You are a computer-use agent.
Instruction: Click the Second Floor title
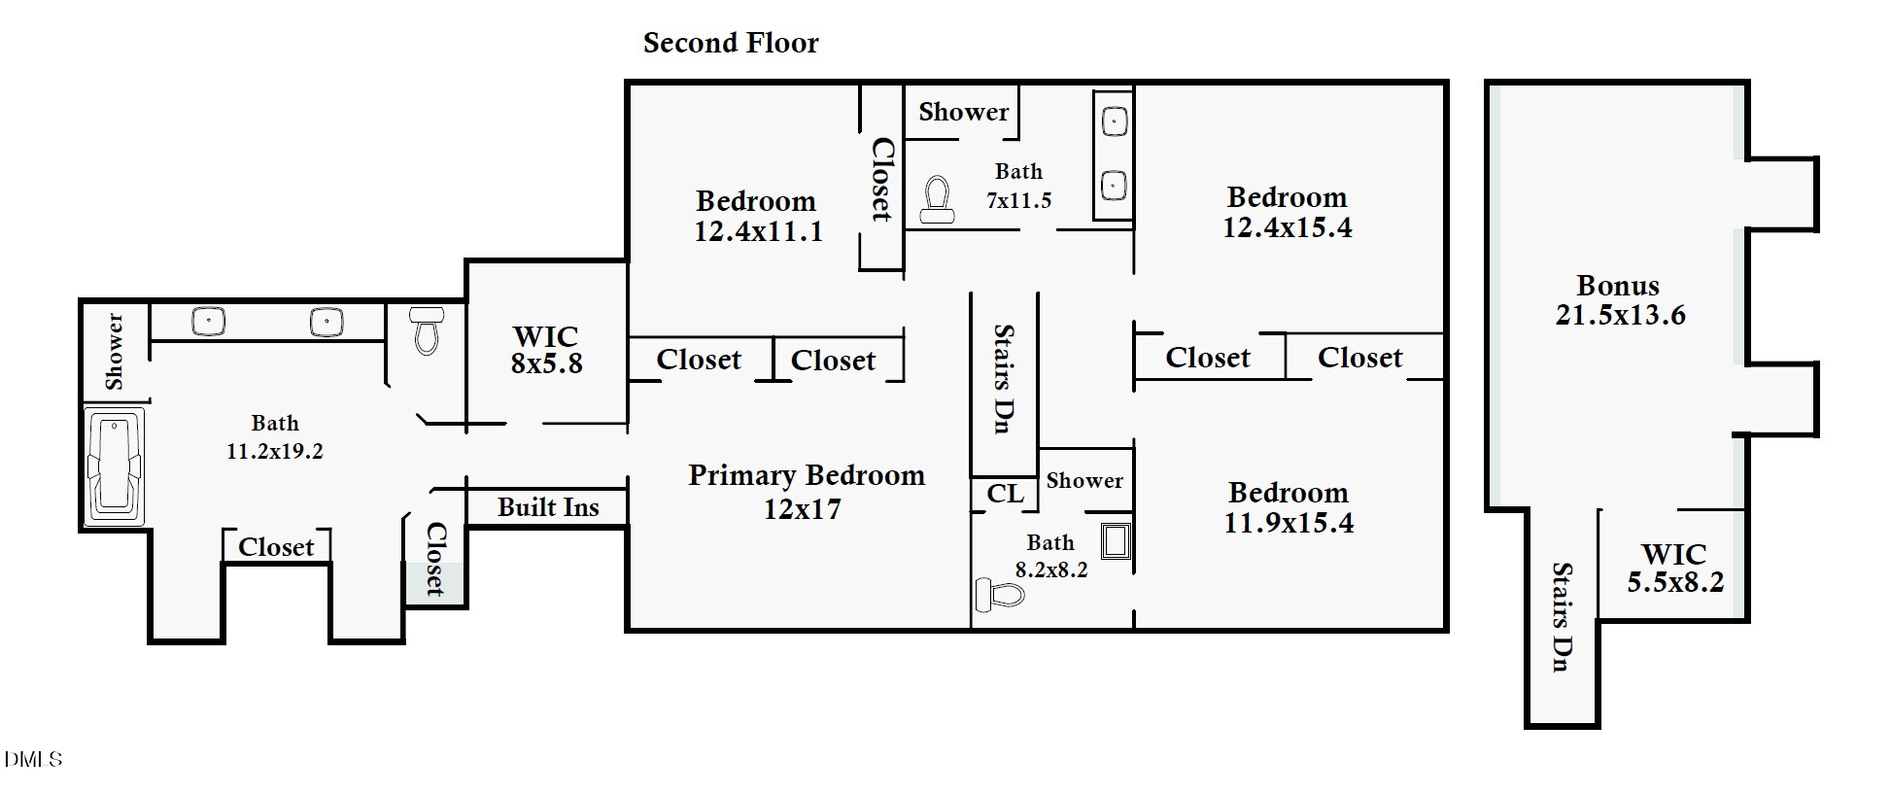731,43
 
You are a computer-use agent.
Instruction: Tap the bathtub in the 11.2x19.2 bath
116,466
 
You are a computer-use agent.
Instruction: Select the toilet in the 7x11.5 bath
937,200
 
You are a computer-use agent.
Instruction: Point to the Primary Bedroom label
806,476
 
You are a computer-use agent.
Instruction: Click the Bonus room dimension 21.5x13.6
1620,315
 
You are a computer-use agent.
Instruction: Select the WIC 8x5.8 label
546,350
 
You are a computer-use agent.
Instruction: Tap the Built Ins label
548,507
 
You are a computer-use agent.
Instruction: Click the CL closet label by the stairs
1005,494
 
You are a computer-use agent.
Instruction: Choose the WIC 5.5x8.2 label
1674,568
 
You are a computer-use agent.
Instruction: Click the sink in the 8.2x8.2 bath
1115,540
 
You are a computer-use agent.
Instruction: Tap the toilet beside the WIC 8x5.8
427,330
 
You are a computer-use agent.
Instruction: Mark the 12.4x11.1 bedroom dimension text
758,231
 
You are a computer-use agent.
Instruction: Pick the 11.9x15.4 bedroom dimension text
1288,523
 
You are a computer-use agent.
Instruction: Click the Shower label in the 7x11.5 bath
963,112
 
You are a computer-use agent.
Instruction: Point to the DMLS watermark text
33,759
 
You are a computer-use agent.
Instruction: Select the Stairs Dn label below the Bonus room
1562,616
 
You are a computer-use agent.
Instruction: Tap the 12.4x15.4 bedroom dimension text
1287,227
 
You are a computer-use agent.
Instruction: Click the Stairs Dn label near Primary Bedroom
1004,378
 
